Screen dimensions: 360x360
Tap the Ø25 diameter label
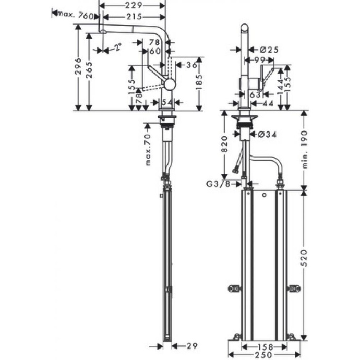268,50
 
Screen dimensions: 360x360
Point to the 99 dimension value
260,61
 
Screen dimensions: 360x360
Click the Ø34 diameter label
267,135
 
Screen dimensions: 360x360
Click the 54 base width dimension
167,101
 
